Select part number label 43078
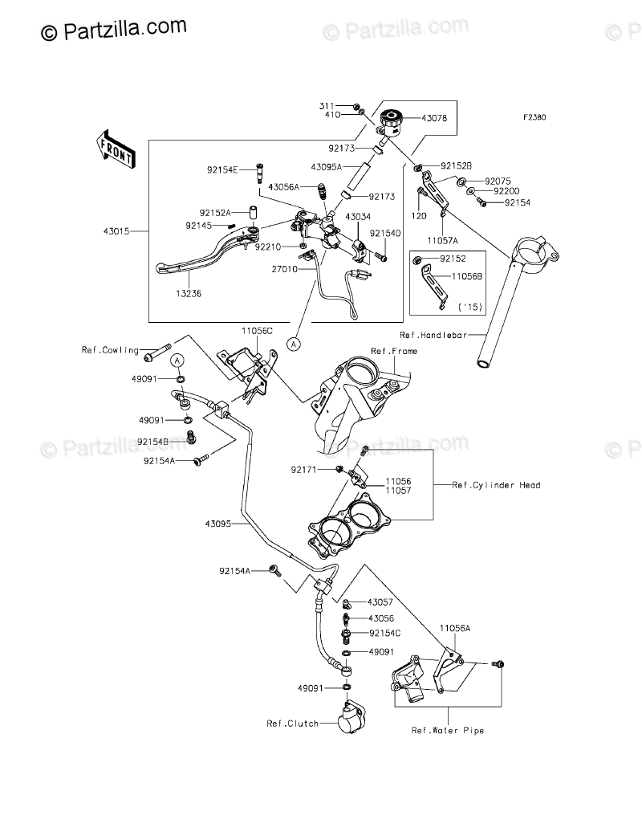pyautogui.click(x=433, y=118)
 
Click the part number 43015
pyautogui.click(x=116, y=231)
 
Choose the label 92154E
pyautogui.click(x=223, y=169)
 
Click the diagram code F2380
pyautogui.click(x=534, y=117)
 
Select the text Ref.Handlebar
pyautogui.click(x=433, y=335)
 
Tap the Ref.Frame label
pyautogui.click(x=394, y=351)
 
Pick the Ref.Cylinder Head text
pyautogui.click(x=497, y=485)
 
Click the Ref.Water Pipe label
pyautogui.click(x=448, y=730)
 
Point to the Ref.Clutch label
pyautogui.click(x=292, y=724)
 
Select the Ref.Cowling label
pyautogui.click(x=110, y=350)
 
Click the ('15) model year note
pyautogui.click(x=470, y=308)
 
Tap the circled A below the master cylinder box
pyautogui.click(x=293, y=344)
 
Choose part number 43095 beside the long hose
pyautogui.click(x=217, y=524)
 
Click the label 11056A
pyautogui.click(x=455, y=628)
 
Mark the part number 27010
pyautogui.click(x=284, y=270)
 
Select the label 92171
pyautogui.click(x=304, y=470)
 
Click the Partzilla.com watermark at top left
pyautogui.click(x=113, y=30)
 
